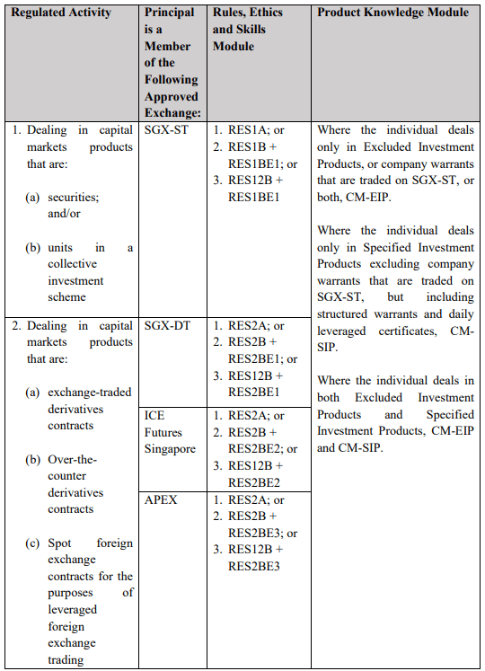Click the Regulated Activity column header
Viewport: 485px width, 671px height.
61,13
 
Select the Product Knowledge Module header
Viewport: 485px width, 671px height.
392,13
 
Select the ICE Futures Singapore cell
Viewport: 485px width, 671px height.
170,432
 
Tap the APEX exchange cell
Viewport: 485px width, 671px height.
161,499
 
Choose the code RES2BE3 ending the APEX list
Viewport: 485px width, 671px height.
253,566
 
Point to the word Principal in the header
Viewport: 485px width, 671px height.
170,13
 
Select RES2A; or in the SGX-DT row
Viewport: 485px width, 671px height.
256,326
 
